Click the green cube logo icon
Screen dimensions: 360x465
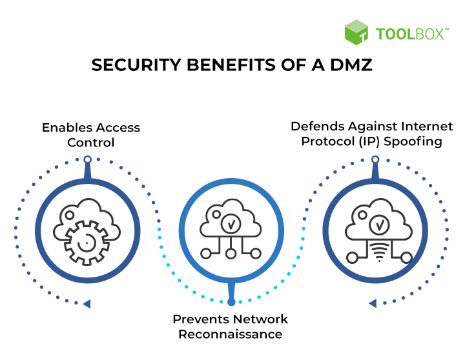[356, 32]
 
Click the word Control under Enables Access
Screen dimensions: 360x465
[91, 142]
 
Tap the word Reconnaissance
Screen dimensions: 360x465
[230, 334]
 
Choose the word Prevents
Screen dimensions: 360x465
[200, 319]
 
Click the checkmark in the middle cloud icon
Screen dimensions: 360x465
[231, 225]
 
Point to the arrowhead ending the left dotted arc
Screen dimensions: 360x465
[87, 303]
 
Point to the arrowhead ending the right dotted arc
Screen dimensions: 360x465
[373, 303]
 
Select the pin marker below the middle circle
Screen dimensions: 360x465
[231, 301]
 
